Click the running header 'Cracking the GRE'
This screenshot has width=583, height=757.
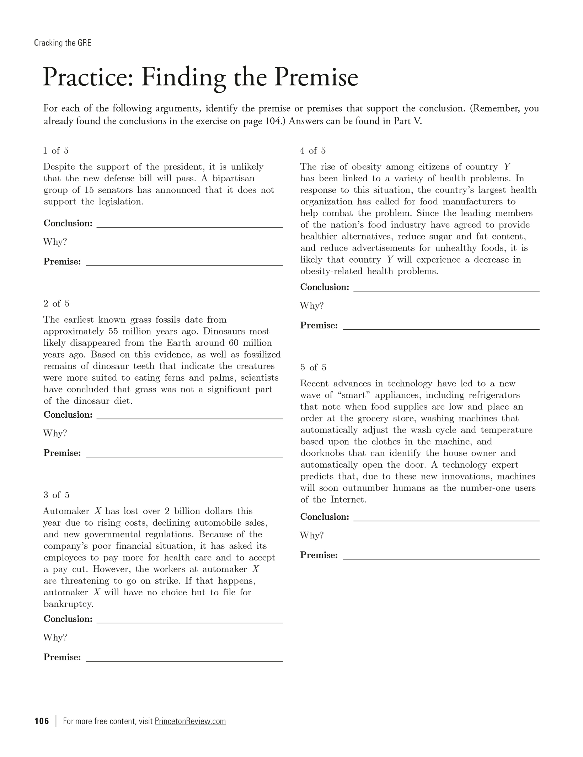click(x=63, y=43)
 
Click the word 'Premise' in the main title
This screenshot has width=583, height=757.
click(x=316, y=77)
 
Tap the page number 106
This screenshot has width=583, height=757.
click(x=42, y=721)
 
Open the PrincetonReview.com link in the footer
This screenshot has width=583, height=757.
click(x=190, y=721)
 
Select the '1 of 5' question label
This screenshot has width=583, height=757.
click(x=56, y=151)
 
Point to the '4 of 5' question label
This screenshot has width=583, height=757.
click(x=312, y=151)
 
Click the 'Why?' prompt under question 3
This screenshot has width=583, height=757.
click(x=55, y=637)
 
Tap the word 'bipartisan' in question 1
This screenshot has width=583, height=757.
click(x=234, y=178)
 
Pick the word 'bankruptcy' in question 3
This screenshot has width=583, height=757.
click(x=68, y=604)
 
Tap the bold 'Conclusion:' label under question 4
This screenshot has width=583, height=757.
click(x=325, y=287)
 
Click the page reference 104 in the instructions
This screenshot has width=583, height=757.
click(x=274, y=121)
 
